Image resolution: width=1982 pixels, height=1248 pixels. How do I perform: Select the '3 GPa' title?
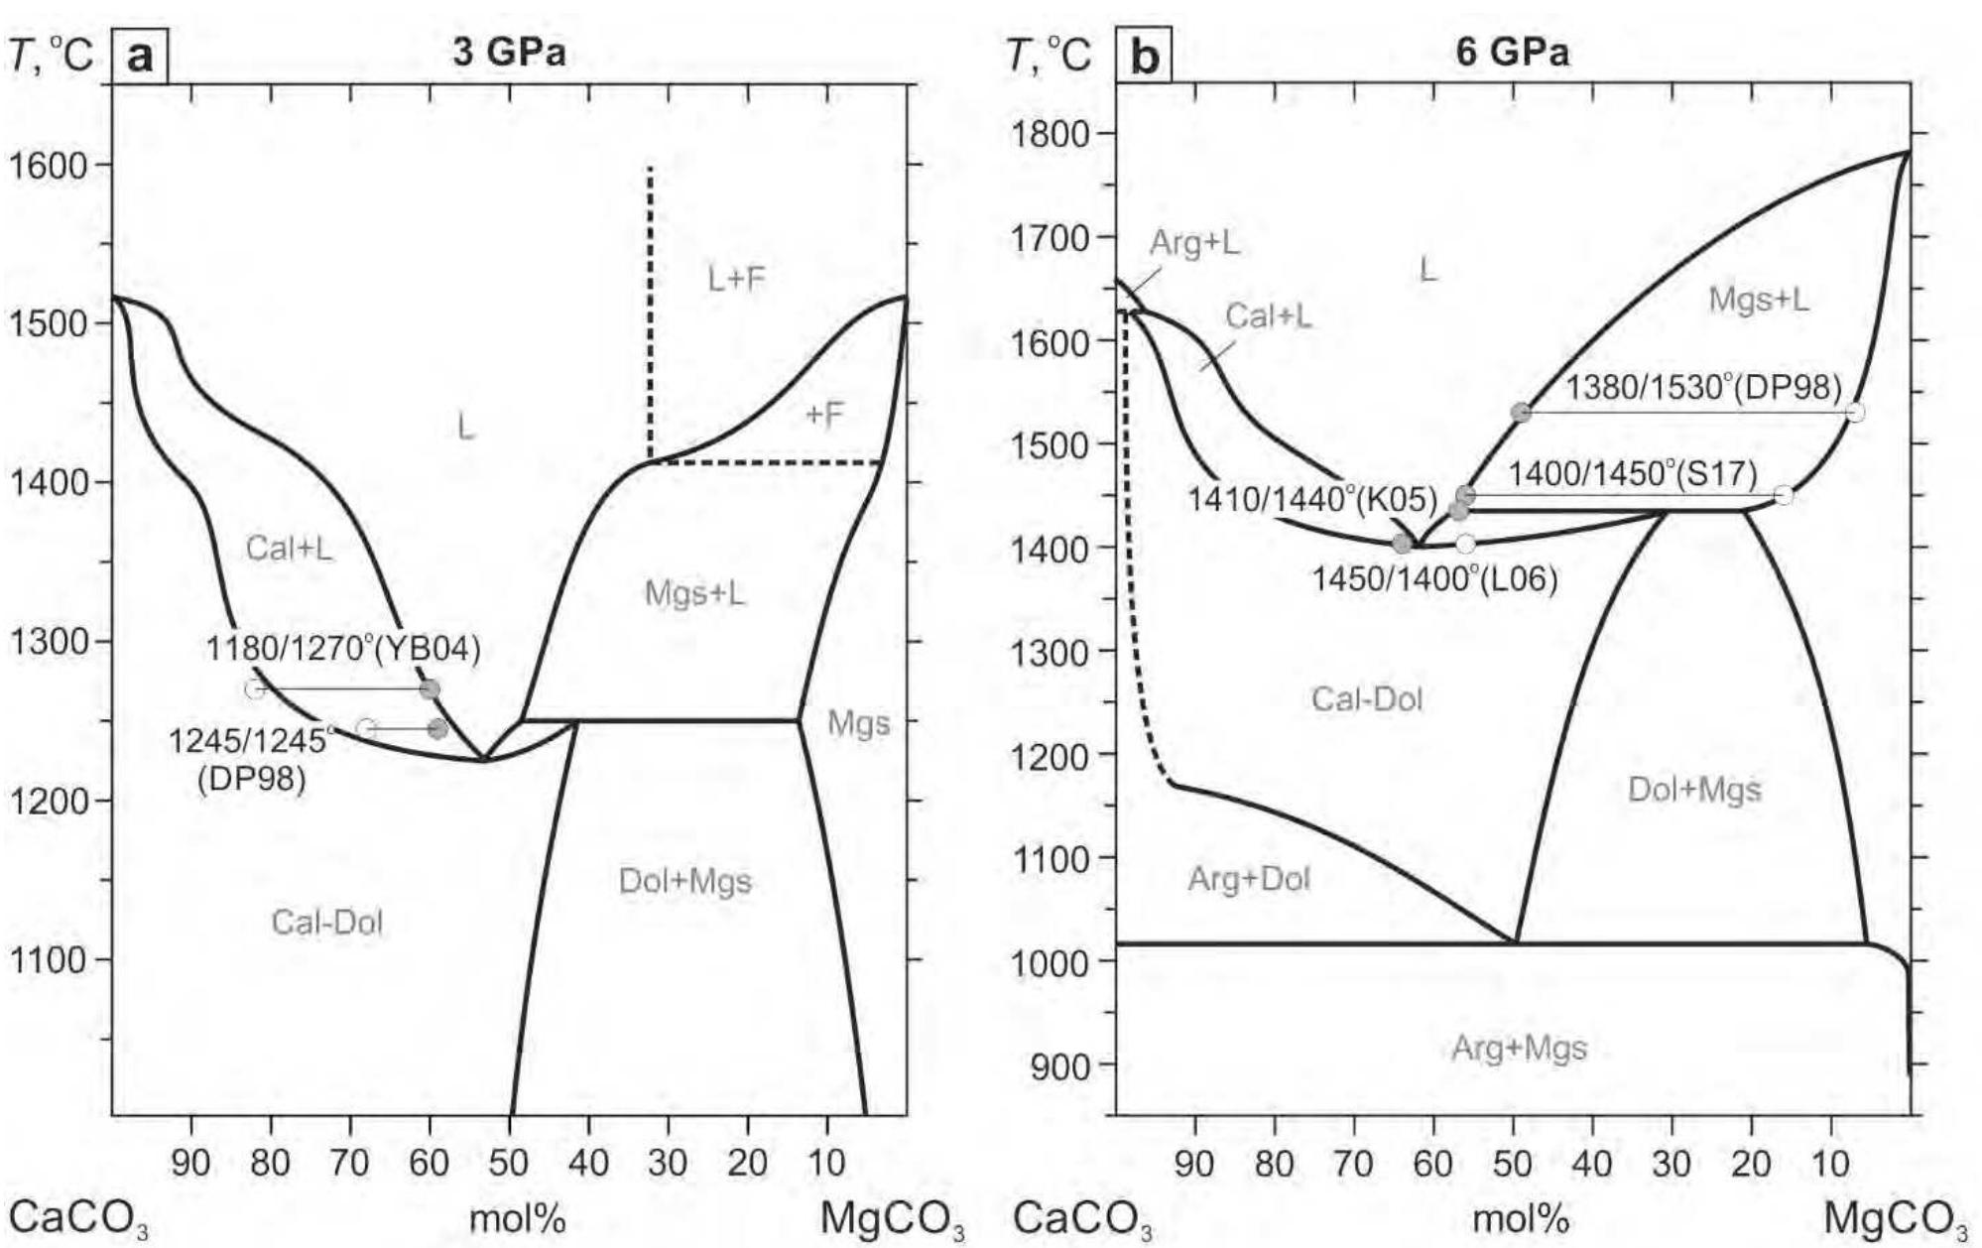[x=510, y=52]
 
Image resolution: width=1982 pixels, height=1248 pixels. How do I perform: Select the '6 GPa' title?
[x=1513, y=52]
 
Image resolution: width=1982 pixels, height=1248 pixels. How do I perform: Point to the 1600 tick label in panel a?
[x=49, y=165]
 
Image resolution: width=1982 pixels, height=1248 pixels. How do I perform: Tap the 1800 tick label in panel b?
[x=1052, y=134]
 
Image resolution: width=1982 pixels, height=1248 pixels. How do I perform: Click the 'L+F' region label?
[x=737, y=280]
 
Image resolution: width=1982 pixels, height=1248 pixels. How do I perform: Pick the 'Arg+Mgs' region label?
[x=1519, y=1048]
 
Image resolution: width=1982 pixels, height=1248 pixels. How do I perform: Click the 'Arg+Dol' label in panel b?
[x=1249, y=879]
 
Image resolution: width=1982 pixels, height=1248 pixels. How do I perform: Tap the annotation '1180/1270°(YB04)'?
[x=343, y=650]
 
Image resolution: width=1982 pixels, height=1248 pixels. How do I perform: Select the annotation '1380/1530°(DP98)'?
[x=1703, y=387]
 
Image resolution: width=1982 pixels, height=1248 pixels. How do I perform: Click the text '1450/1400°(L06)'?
[x=1434, y=578]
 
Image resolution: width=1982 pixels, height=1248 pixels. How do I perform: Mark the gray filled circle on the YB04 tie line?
[x=430, y=689]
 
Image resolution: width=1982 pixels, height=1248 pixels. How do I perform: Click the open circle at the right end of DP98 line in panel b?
[x=1855, y=412]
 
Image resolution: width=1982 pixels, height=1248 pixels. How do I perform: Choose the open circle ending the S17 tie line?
[x=1783, y=495]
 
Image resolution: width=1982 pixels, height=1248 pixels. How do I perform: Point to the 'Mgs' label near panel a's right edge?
[x=858, y=724]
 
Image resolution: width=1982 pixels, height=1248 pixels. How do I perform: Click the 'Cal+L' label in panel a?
[x=290, y=548]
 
